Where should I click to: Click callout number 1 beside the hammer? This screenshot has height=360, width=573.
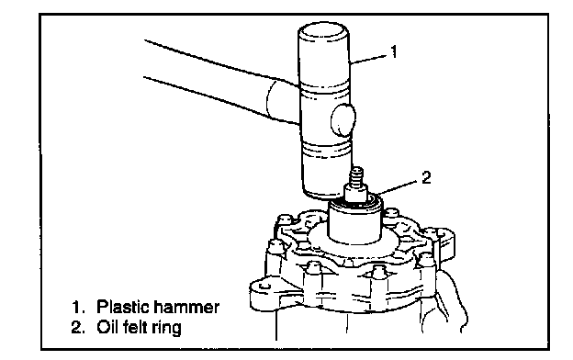click(x=394, y=51)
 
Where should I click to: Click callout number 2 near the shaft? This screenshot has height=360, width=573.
click(x=426, y=177)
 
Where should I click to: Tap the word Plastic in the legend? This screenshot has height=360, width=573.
click(x=121, y=306)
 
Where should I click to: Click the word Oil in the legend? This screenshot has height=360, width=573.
click(x=107, y=326)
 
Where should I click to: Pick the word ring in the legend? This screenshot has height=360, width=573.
click(x=166, y=328)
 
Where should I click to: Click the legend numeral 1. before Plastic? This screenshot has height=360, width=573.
click(x=78, y=307)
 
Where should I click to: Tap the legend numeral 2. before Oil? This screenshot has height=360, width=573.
click(x=78, y=327)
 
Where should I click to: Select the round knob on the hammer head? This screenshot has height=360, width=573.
click(x=343, y=119)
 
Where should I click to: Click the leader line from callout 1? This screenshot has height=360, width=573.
click(x=368, y=59)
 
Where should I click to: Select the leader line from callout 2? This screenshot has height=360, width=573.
click(x=399, y=186)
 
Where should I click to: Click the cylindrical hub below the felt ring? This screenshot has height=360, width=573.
click(x=354, y=224)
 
